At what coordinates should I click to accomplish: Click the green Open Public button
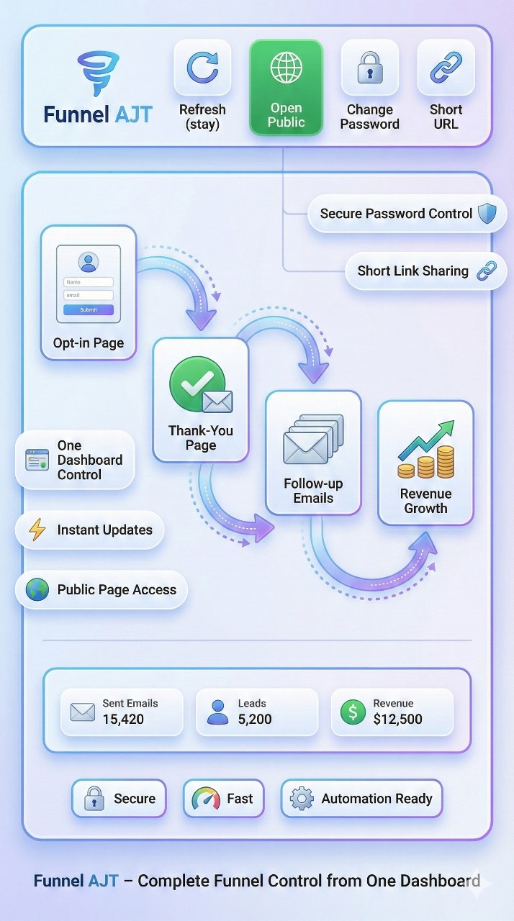pos(286,87)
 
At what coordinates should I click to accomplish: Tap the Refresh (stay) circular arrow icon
pos(202,68)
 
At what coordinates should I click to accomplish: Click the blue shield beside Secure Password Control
pos(487,213)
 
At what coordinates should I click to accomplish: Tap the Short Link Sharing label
pos(412,271)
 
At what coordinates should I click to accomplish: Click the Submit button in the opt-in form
pos(89,310)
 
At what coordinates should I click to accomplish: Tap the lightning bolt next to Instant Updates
pos(37,530)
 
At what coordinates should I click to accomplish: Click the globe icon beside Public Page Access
pos(37,590)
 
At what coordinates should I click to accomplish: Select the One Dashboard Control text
pos(90,460)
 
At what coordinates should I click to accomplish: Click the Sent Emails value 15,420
pos(123,719)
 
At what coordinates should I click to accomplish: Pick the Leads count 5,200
pos(255,719)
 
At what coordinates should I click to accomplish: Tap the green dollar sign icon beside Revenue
pos(352,712)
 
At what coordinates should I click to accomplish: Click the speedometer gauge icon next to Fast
pos(206,799)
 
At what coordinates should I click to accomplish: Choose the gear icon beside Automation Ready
pos(302,799)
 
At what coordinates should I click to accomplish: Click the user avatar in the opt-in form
pos(89,262)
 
